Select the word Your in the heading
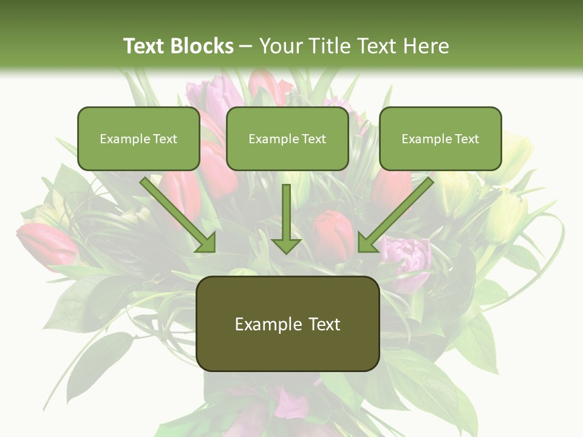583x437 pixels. point(282,46)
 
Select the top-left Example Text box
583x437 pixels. point(138,138)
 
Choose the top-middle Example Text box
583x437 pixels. point(287,138)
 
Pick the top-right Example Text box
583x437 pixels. point(440,138)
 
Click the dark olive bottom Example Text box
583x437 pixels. point(288,324)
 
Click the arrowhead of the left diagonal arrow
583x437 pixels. point(206,243)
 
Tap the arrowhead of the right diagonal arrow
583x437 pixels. point(367,243)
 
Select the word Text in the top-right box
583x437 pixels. point(466,139)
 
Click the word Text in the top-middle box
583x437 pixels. point(313,139)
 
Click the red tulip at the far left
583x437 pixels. point(46,243)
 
